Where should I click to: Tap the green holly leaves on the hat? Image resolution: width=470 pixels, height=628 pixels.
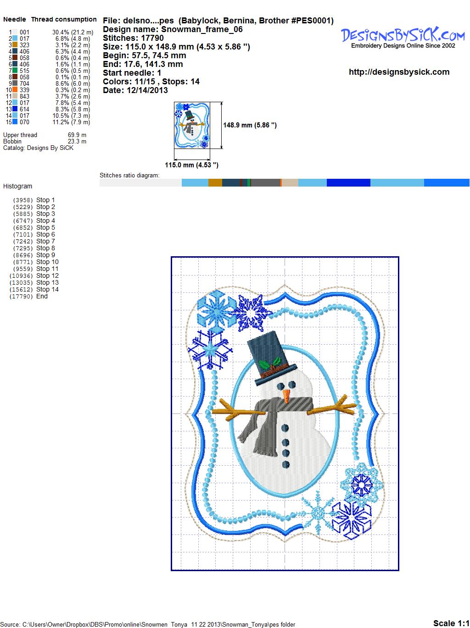click(269, 364)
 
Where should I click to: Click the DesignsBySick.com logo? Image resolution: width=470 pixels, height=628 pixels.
click(403, 37)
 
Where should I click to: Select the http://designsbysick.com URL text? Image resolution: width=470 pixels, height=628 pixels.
click(399, 72)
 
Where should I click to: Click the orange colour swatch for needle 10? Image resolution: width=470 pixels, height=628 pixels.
click(15, 90)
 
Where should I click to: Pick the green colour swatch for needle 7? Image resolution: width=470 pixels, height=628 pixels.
click(15, 71)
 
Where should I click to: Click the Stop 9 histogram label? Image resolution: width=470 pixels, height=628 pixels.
click(45, 255)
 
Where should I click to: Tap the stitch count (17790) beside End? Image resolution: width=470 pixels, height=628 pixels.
click(21, 297)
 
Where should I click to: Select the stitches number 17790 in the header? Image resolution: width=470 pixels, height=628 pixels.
click(152, 38)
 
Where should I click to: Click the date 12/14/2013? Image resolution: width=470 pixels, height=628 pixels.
click(147, 90)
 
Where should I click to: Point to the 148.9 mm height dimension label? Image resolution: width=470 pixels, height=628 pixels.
click(250, 125)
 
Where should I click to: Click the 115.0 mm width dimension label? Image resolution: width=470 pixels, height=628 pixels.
click(191, 165)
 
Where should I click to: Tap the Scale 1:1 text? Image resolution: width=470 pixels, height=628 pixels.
click(451, 623)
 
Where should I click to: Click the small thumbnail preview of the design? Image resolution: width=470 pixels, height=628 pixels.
click(192, 125)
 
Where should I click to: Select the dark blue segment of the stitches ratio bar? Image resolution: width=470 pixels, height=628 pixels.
click(348, 182)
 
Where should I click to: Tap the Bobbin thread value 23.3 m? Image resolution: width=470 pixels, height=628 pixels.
click(77, 141)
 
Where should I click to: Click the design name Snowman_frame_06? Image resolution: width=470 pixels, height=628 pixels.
click(201, 29)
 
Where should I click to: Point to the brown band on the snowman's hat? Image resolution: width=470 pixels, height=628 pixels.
click(274, 371)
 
